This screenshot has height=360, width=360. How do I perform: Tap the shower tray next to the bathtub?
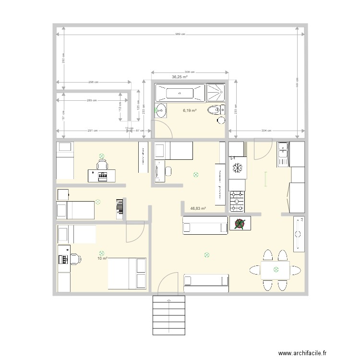[215, 93]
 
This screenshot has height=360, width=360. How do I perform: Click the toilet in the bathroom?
[214, 111]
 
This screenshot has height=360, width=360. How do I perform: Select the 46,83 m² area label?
[198, 208]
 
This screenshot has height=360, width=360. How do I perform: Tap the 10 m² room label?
[102, 258]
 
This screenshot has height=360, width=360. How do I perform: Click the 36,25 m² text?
[180, 77]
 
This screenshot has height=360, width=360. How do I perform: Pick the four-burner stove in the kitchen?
[237, 202]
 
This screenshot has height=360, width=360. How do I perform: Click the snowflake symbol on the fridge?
[237, 168]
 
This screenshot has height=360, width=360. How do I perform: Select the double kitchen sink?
[283, 154]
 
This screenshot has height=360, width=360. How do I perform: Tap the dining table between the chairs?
[276, 270]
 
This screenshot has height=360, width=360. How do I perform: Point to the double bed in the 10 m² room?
[127, 274]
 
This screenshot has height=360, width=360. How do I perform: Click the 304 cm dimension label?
[266, 131]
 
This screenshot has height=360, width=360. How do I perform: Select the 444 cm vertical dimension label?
[298, 82]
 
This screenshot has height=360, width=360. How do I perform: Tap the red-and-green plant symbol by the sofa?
[240, 223]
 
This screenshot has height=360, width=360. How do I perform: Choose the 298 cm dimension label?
[94, 82]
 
